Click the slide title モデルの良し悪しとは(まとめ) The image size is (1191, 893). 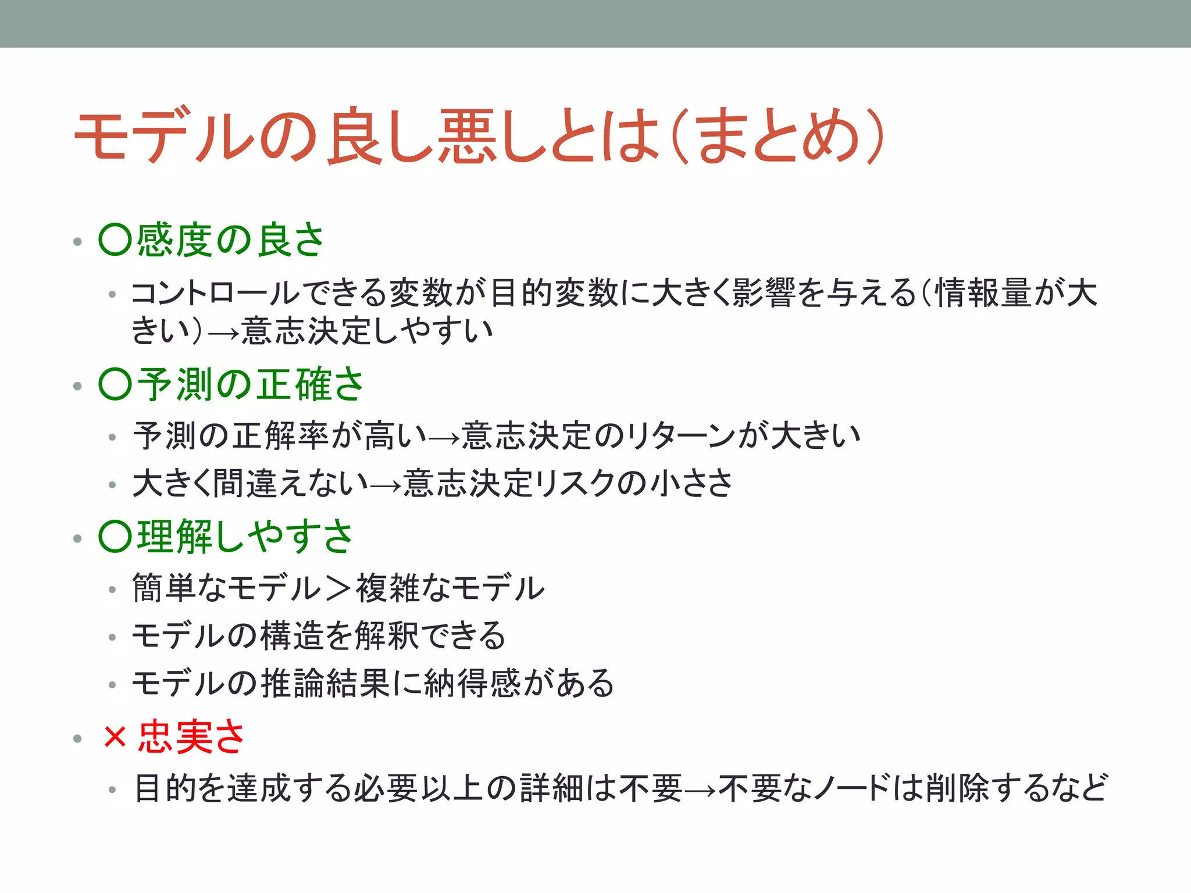click(479, 136)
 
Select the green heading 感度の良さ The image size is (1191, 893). click(230, 240)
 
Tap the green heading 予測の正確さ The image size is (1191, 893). click(250, 385)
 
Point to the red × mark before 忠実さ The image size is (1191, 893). click(115, 737)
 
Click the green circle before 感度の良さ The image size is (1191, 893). click(116, 240)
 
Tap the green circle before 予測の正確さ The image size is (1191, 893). click(116, 385)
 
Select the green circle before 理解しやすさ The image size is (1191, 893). click(116, 537)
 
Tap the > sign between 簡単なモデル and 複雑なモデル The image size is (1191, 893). click(338, 588)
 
